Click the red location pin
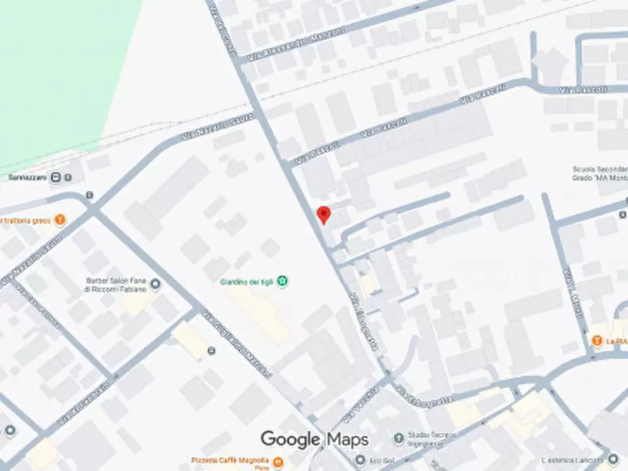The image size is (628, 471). tap(323, 214)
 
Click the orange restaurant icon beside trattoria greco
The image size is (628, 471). tap(60, 220)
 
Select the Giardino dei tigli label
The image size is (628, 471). tap(246, 283)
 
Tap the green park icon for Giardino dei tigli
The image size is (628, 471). tap(283, 282)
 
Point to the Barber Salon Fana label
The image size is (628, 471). tap(116, 285)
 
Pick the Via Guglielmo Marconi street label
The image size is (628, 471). tap(237, 345)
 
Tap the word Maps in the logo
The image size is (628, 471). tap(347, 440)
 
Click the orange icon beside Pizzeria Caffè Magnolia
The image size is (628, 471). tap(279, 462)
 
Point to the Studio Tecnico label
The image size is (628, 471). tap(430, 441)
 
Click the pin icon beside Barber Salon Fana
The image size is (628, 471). tap(155, 284)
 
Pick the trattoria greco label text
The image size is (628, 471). tap(25, 221)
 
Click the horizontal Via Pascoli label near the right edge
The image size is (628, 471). tap(577, 91)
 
